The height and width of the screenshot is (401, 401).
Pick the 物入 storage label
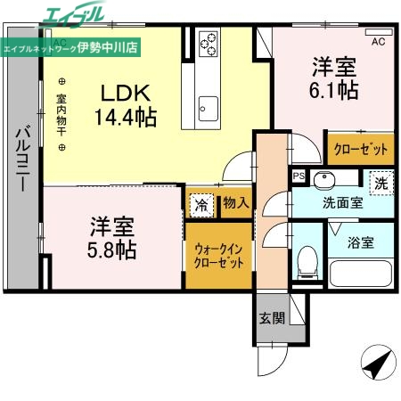pos(235,203)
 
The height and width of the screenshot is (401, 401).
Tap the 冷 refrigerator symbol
pos(202,203)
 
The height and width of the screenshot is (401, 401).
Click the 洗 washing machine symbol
pos(381,182)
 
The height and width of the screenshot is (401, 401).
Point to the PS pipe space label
pos(299,176)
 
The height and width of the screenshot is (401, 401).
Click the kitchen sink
pos(208,106)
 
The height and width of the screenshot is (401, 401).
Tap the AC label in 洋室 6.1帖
pos(377,41)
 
